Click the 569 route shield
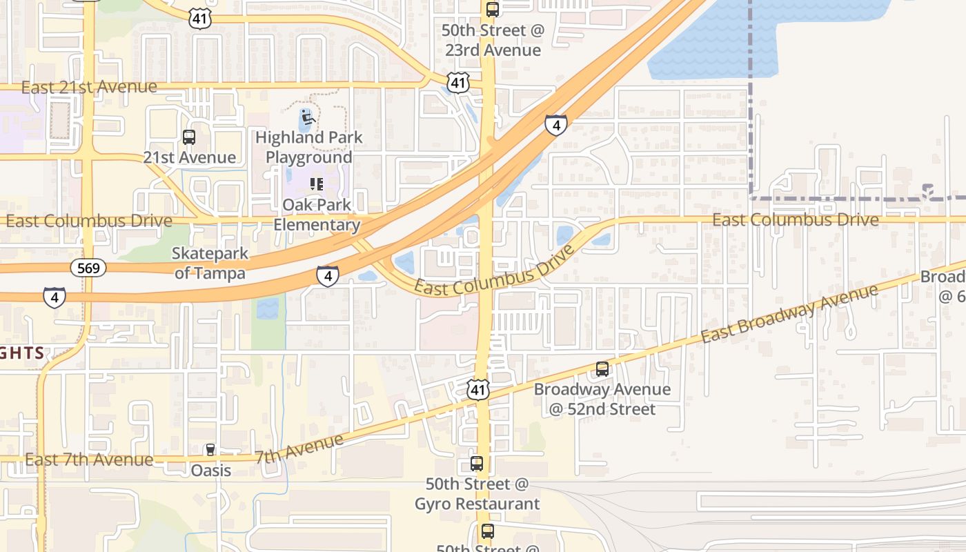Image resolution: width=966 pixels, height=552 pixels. tap(89, 268)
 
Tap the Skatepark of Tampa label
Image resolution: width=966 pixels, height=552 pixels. tap(209, 264)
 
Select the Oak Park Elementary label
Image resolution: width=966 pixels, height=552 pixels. tap(317, 215)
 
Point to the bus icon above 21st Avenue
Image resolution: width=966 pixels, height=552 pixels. tap(189, 137)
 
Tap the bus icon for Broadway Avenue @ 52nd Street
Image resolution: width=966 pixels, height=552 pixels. tap(602, 369)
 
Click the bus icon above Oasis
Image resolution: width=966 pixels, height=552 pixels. tap(211, 450)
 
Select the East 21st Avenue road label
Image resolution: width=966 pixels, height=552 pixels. tap(89, 87)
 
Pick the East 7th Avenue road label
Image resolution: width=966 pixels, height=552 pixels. tap(89, 460)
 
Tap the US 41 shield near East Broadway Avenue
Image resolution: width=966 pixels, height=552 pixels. tap(478, 389)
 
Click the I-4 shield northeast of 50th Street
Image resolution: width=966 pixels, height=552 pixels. tap(556, 125)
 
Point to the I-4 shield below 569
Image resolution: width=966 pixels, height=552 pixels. tap(55, 297)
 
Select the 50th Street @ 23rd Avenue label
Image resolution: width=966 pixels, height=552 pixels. tap(493, 41)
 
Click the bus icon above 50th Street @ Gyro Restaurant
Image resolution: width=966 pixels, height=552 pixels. tap(477, 463)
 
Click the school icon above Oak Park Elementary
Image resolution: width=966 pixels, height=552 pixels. tap(317, 184)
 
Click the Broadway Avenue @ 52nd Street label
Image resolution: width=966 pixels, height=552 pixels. tap(602, 399)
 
